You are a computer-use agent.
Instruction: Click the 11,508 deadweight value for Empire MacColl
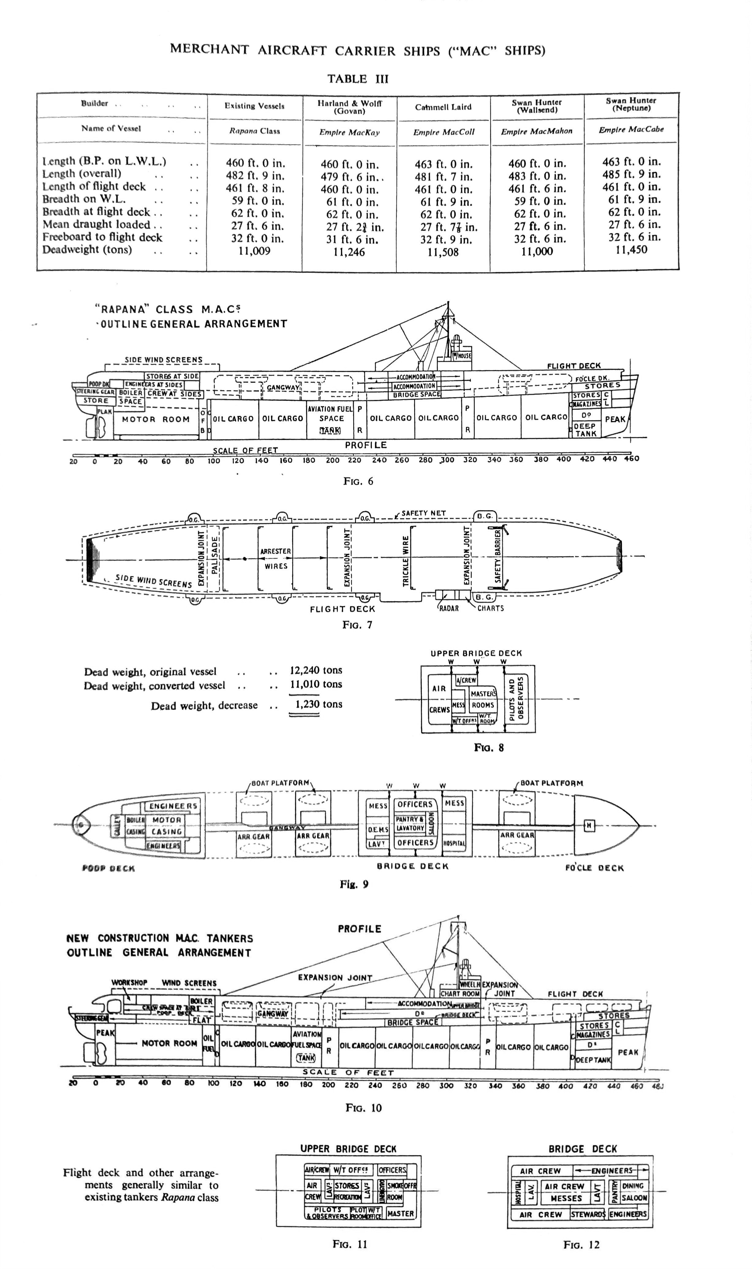[443, 252]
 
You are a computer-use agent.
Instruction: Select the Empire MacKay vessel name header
[349, 132]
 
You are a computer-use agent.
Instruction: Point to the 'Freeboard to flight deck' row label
[102, 237]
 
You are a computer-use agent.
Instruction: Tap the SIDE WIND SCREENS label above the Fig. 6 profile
[164, 360]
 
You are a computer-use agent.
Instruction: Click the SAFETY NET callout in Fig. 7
[423, 513]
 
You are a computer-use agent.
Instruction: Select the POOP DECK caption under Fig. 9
[108, 868]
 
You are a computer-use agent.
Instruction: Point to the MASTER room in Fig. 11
[400, 1213]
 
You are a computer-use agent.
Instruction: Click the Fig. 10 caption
[363, 1108]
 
